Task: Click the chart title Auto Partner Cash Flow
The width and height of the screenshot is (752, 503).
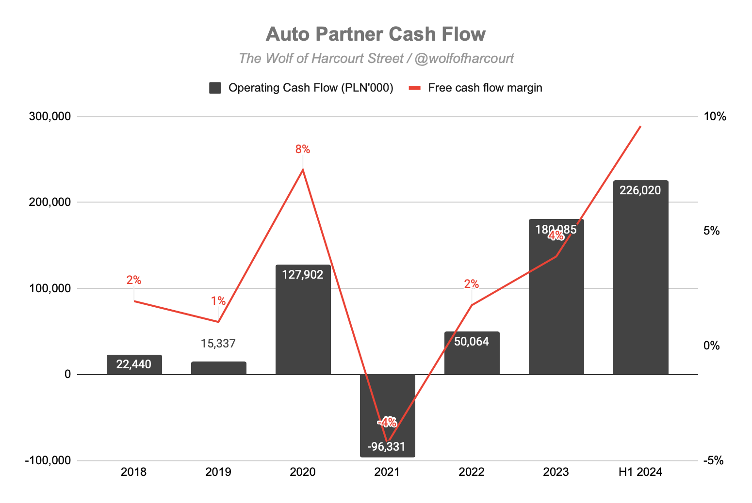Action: (x=376, y=34)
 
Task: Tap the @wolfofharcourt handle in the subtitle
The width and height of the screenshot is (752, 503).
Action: (x=464, y=59)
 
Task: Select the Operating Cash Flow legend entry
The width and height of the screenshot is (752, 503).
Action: (x=301, y=88)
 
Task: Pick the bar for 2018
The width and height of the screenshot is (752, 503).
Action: (x=134, y=365)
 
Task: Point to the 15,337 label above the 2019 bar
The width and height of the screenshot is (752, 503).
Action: (x=218, y=344)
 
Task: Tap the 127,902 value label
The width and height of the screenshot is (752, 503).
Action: (x=302, y=275)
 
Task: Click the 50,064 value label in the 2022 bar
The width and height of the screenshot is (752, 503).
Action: (x=471, y=342)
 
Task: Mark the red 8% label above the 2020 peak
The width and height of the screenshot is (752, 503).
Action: (x=302, y=149)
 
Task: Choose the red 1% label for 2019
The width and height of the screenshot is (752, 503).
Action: (x=218, y=301)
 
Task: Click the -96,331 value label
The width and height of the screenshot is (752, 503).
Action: (x=387, y=447)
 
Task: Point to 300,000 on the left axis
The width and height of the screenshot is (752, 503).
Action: (x=50, y=117)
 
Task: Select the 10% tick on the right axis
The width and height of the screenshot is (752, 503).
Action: (x=715, y=117)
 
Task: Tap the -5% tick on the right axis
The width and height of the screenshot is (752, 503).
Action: (x=713, y=460)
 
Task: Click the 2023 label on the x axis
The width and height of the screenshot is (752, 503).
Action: (x=556, y=472)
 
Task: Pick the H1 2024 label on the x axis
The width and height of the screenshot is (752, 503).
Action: (x=640, y=472)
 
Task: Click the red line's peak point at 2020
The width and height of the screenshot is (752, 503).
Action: (x=303, y=170)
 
